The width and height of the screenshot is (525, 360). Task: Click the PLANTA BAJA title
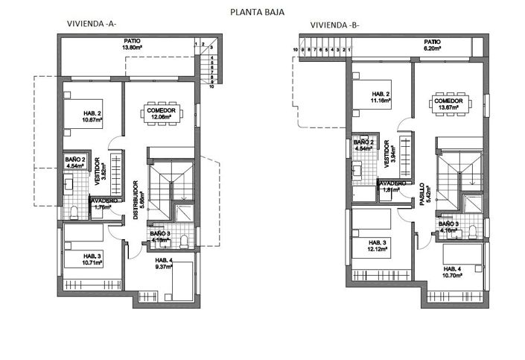click(257, 12)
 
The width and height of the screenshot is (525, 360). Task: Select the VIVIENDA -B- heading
click(334, 25)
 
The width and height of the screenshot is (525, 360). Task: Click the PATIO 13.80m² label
click(132, 45)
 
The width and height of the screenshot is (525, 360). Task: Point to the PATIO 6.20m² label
click(432, 45)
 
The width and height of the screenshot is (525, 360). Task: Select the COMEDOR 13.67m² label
click(449, 104)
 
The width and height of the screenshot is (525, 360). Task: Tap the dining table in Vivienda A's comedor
click(162, 113)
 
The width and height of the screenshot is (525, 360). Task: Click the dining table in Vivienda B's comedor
click(449, 104)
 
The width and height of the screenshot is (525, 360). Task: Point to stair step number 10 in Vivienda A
click(211, 86)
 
